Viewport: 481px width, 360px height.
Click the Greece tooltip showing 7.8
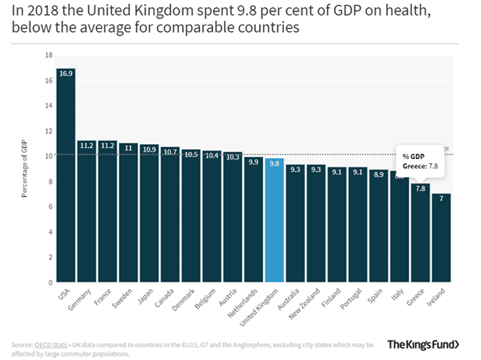coord(421,161)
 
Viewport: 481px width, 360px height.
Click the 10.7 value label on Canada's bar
coord(170,151)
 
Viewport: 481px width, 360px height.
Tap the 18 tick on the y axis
coord(49,55)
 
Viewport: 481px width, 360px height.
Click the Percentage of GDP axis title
coord(24,169)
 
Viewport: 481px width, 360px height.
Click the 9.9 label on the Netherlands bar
coord(253,162)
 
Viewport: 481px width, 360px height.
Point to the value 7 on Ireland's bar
coord(441,199)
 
